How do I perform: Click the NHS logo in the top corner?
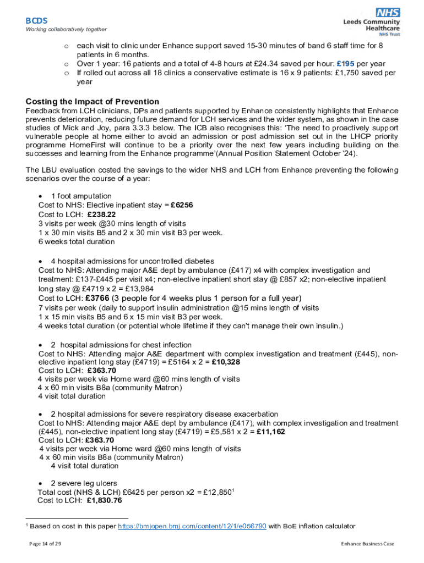388,13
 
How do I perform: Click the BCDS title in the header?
37,20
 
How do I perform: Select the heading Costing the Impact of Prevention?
93,101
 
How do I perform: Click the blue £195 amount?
346,63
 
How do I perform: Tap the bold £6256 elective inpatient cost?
181,205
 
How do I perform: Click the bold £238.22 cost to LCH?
101,214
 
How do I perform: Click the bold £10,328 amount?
226,362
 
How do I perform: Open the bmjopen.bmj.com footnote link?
192,526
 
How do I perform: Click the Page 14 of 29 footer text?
45,544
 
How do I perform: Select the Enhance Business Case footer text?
367,544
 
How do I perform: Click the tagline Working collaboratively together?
66,29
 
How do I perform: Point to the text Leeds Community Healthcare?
371,25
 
